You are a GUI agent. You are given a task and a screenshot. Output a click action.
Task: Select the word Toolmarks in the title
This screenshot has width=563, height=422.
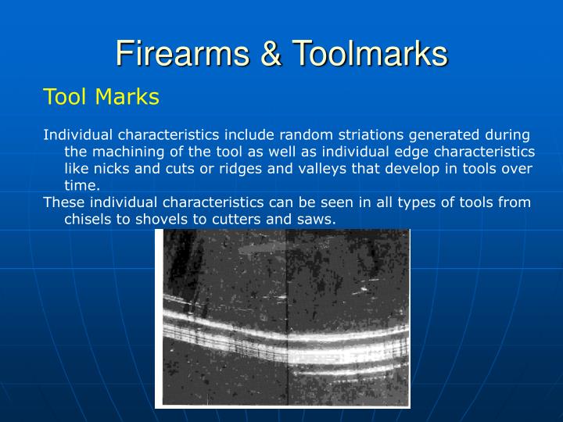[371, 54]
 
